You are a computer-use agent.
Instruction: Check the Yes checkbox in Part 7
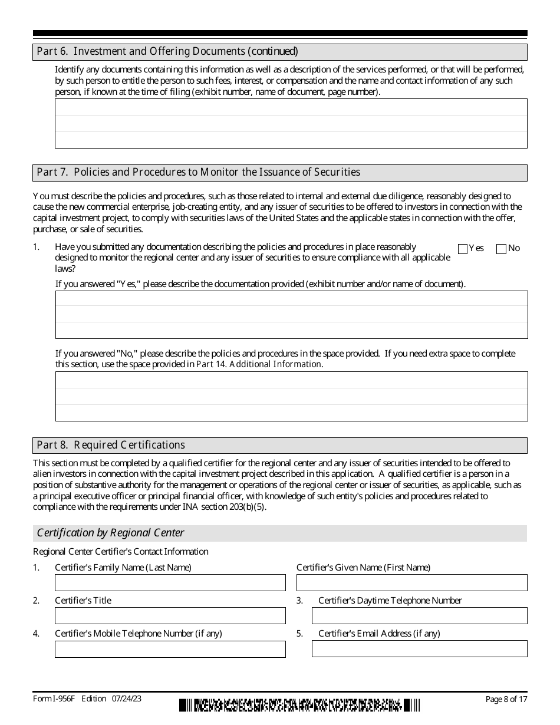coord(463,249)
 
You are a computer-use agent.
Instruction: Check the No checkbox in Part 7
coord(502,249)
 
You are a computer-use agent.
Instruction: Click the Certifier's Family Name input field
coord(170,583)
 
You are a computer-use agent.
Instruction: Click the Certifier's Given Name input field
coord(411,583)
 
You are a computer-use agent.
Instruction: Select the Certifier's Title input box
coord(170,616)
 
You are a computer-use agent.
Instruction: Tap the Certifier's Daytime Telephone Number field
coord(419,616)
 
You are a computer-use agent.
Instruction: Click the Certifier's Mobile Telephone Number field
coord(170,649)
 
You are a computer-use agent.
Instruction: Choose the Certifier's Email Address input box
coord(419,649)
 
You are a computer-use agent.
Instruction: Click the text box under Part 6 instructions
coord(291,123)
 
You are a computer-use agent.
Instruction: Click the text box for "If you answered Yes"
coord(291,315)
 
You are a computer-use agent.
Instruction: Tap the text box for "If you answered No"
coord(291,396)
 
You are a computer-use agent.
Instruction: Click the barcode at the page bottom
coord(300,705)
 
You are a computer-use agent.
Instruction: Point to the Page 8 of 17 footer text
coord(506,699)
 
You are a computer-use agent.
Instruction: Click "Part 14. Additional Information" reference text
coord(259,364)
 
